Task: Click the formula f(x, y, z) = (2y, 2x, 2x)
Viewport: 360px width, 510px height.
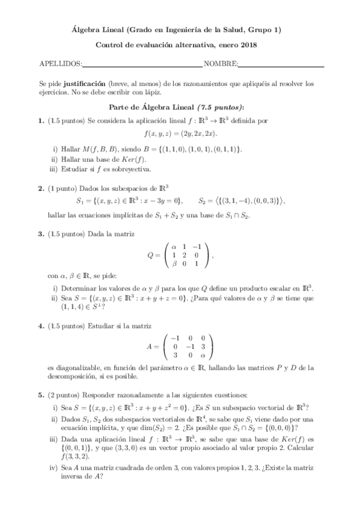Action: click(180, 134)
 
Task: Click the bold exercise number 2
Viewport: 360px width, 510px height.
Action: click(41, 189)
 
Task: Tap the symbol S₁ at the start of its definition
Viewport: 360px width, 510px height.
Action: click(81, 201)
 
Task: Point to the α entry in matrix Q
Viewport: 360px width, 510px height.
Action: click(175, 246)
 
